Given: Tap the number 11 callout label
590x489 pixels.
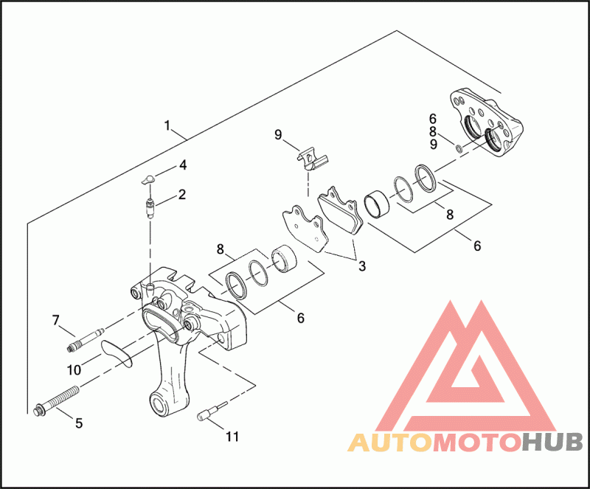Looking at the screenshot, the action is click(232, 437).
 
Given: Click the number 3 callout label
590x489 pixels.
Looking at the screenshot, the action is click(361, 266).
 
